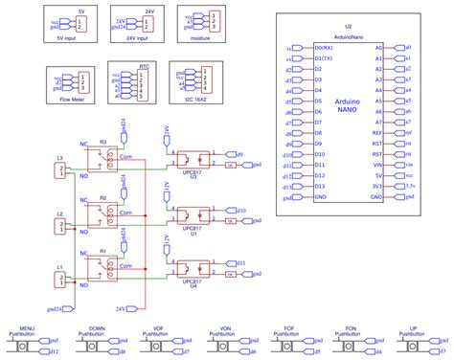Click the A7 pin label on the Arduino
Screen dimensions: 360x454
378,123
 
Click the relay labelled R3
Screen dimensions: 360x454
104,157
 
